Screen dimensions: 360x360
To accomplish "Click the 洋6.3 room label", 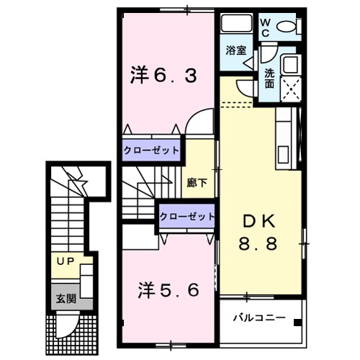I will [163, 74].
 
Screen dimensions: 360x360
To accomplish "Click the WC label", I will [265, 27].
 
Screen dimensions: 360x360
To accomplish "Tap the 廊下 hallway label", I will [197, 183].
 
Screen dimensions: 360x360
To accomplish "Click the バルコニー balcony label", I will [259, 318].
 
